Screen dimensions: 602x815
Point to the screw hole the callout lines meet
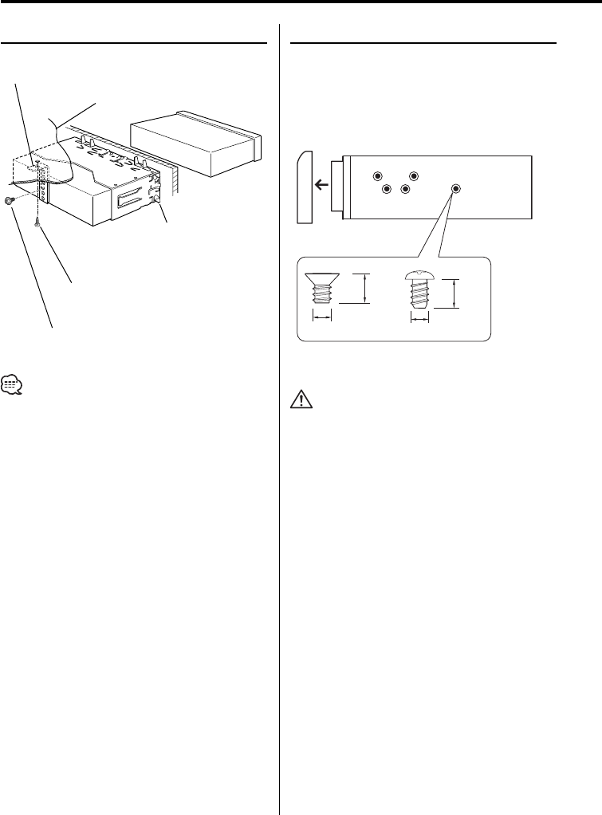(x=455, y=189)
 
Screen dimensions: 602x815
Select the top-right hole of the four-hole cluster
(x=414, y=175)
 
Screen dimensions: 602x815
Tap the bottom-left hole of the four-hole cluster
(x=386, y=190)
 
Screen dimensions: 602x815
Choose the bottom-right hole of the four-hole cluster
(x=405, y=190)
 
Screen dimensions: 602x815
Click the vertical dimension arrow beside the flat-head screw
(x=365, y=288)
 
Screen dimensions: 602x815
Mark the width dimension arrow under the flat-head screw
(x=321, y=317)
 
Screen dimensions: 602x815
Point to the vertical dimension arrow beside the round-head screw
(x=454, y=293)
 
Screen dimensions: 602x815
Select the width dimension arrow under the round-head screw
(x=419, y=317)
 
